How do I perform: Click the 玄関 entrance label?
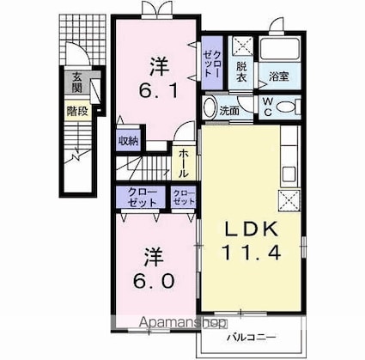coord(76,82)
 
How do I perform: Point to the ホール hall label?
coord(185,162)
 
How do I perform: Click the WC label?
coord(267,107)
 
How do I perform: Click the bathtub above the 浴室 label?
coord(280,49)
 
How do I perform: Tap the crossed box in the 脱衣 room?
coord(242,46)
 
